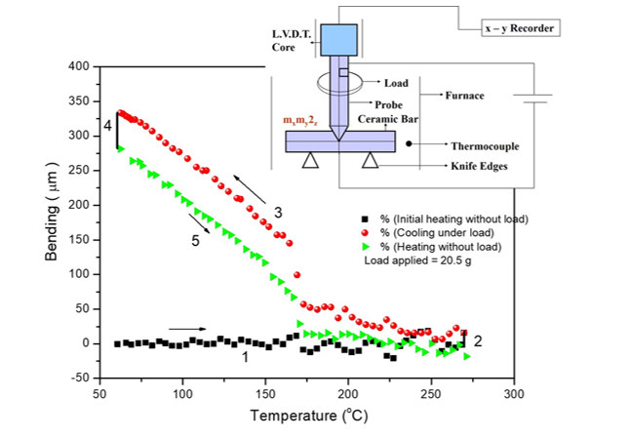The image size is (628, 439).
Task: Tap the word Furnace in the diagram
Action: pos(465,97)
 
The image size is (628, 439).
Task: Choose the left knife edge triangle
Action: pos(310,161)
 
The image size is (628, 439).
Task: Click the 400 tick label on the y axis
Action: pos(79,66)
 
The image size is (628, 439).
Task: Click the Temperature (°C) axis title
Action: pos(306,417)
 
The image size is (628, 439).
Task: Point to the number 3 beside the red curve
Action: pos(278,212)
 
